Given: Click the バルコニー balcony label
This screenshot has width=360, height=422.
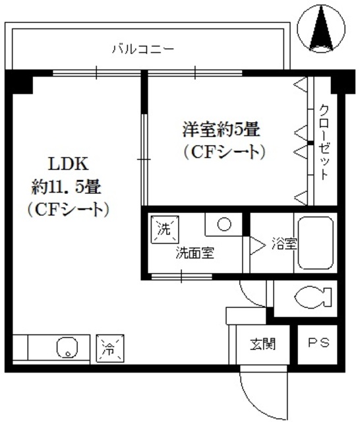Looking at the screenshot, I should click(142, 48).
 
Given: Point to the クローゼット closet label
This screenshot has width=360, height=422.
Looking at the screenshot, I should click(324, 142).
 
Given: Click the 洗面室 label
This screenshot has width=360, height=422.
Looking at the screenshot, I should click(194, 253).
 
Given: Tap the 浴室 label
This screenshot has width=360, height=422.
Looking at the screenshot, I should click(284, 243).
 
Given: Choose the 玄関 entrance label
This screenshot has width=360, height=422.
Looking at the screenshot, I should click(262, 344).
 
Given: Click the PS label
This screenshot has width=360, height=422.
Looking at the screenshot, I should click(319, 344).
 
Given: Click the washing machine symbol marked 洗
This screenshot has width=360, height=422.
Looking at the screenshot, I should click(163, 229).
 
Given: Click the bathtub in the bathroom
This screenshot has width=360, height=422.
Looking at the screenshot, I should click(316, 243).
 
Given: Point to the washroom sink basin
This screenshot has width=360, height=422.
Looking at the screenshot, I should click(224, 224).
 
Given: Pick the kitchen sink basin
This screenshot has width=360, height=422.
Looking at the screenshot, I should click(67, 347).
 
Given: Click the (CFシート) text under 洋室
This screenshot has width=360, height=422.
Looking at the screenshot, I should click(224, 152).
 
